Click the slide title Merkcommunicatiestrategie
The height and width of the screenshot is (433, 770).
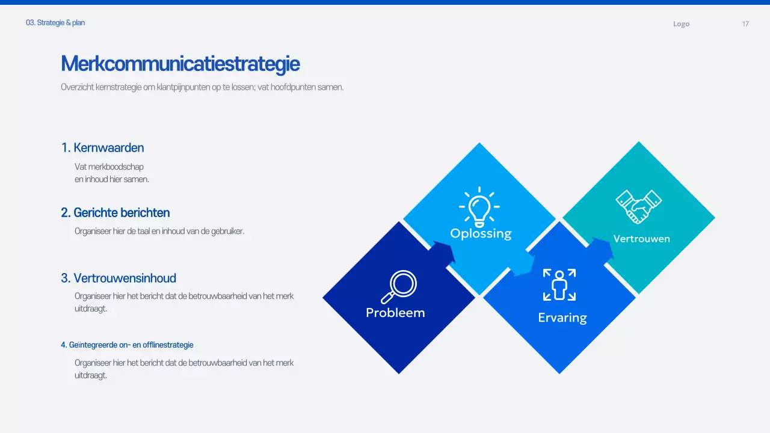pos(180,64)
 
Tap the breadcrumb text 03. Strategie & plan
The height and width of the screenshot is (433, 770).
pos(55,23)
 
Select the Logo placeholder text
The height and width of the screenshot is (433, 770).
pos(681,24)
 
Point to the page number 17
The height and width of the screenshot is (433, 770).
pos(745,24)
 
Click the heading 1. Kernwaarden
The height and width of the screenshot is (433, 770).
pos(102,148)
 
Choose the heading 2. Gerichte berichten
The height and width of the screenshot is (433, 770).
pos(115,213)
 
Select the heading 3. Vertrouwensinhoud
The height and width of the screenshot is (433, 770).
pos(119,278)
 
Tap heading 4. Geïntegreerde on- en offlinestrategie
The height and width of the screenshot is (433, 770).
pos(127,345)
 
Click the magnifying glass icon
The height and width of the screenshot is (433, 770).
pos(399,287)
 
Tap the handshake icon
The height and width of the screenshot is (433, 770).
pos(638,206)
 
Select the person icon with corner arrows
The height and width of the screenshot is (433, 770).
pos(559,284)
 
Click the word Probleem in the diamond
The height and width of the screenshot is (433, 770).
pos(395,313)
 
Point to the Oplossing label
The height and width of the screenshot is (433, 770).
pos(481,233)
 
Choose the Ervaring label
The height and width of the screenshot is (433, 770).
pos(562,318)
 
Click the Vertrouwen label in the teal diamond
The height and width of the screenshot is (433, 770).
pos(641,239)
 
